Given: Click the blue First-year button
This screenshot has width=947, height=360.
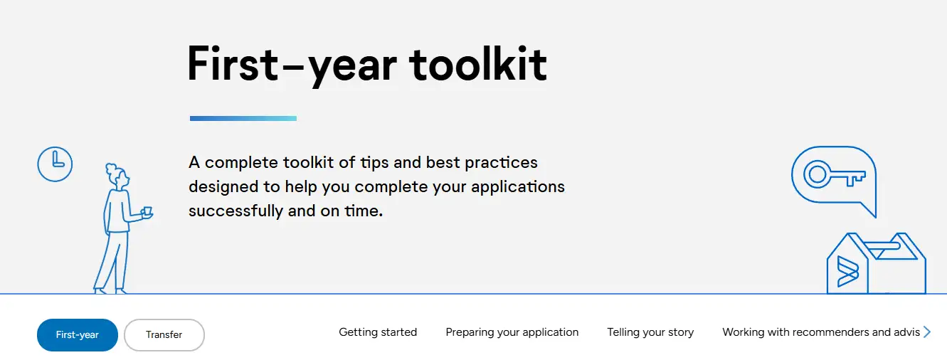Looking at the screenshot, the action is point(78,334).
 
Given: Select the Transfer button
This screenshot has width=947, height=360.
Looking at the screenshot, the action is point(164,334).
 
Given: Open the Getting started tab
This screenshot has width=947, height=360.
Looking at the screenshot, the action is point(378,332).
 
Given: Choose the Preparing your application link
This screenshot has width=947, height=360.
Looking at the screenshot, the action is point(512,332).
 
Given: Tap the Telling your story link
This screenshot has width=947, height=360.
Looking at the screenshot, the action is point(650,332).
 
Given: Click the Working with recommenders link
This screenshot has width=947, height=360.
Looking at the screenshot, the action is point(821,332).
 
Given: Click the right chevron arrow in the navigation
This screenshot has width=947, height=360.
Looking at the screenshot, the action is point(926,332).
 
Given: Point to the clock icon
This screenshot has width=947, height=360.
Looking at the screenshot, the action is point(55,164).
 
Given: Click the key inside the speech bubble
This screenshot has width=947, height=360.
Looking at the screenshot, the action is point(834,174).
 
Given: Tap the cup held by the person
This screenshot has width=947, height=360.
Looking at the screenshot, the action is point(147,212).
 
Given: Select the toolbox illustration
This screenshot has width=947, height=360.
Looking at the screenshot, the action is point(876,263).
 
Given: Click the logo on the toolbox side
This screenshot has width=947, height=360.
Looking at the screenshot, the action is point(847,271).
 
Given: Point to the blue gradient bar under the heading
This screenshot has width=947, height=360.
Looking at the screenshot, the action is point(243,119).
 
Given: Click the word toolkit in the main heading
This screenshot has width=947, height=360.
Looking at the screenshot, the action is point(477,64).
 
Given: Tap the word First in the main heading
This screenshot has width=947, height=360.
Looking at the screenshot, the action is point(233,63).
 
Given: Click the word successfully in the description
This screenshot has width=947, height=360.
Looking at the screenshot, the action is point(236,211).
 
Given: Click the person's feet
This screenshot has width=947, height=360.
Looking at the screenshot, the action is point(110,291).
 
